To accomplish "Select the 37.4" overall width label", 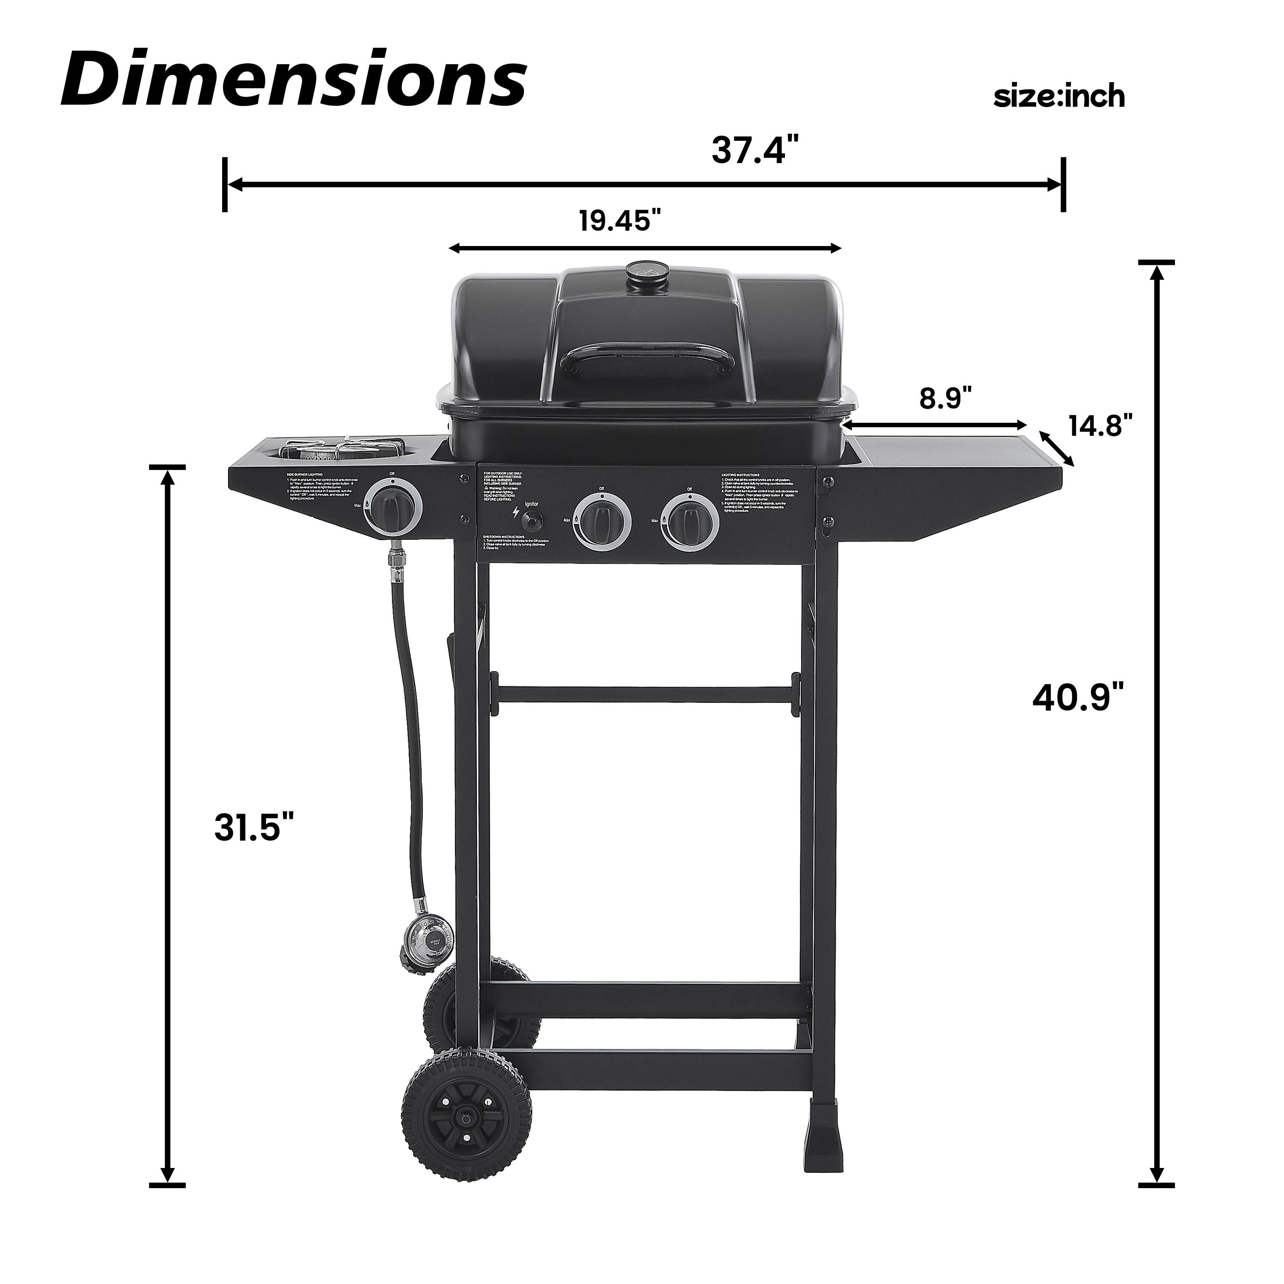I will click(x=755, y=150).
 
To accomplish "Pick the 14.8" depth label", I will click(x=1100, y=425).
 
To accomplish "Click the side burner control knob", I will click(x=393, y=508).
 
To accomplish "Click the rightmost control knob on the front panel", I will click(x=691, y=521).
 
